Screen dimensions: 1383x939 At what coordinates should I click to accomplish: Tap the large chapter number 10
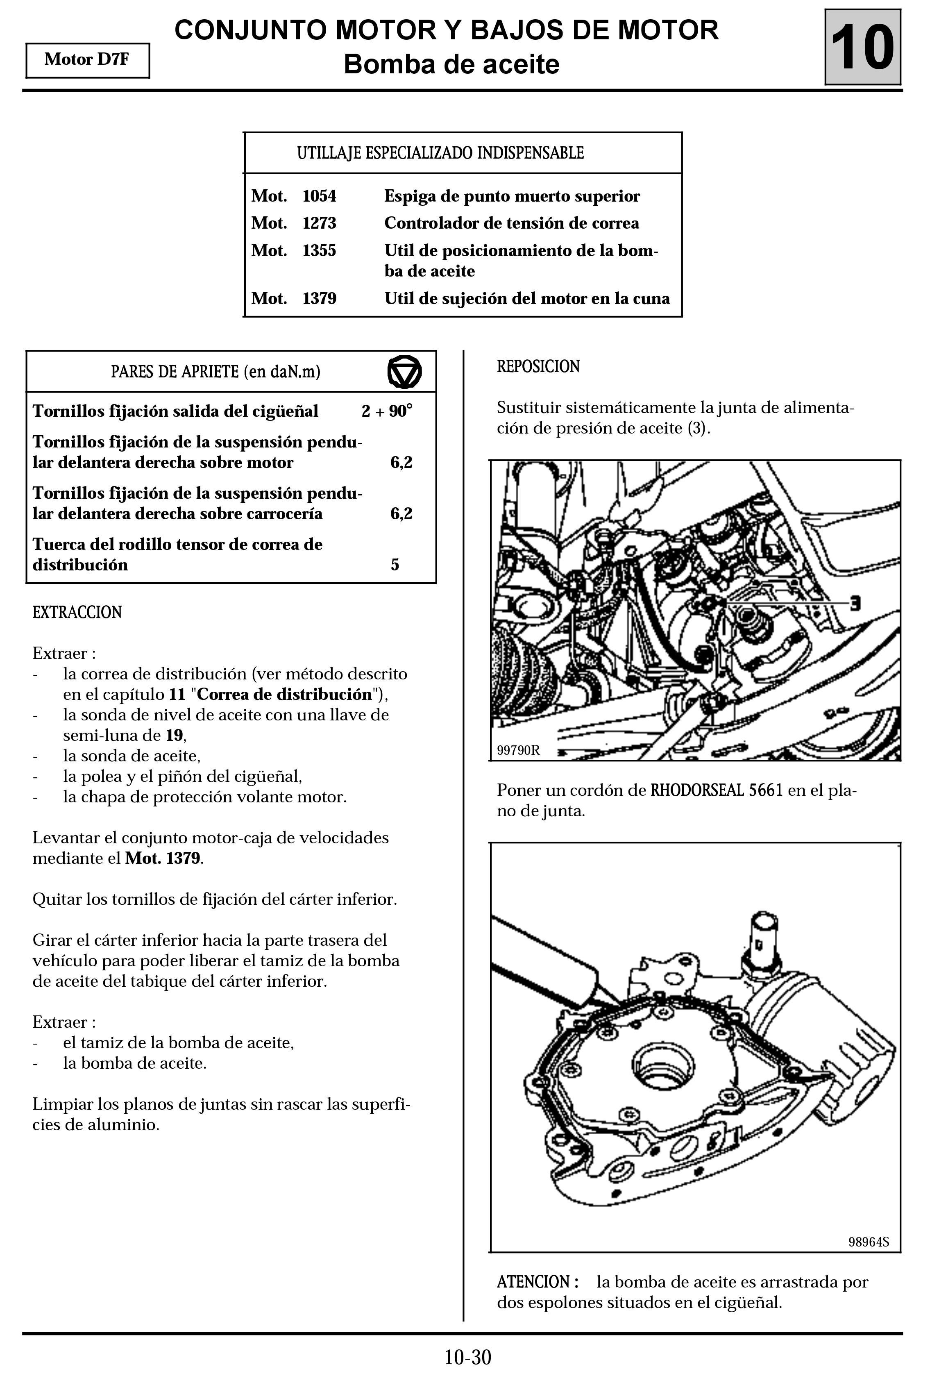(x=862, y=48)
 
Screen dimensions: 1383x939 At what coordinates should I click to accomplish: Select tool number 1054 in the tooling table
(x=319, y=196)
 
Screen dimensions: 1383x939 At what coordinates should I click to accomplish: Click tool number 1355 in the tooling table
(x=319, y=250)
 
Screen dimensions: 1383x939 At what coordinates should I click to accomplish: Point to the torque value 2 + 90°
(x=387, y=411)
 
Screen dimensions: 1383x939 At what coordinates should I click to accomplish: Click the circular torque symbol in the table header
(x=405, y=372)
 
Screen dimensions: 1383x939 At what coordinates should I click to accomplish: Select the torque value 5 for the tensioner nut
(x=395, y=564)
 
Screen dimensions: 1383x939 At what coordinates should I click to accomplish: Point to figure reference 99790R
(x=518, y=750)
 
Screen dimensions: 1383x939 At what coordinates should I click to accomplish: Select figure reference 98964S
(x=868, y=1242)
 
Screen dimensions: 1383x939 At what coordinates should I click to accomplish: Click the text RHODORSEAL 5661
(x=717, y=790)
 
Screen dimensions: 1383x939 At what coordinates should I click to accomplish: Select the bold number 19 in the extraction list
(x=174, y=735)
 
